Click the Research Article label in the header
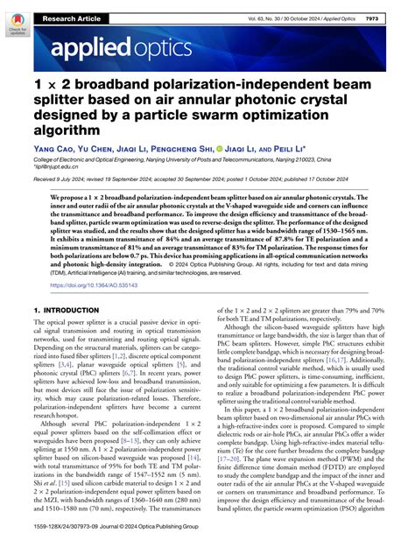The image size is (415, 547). pos(74,17)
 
